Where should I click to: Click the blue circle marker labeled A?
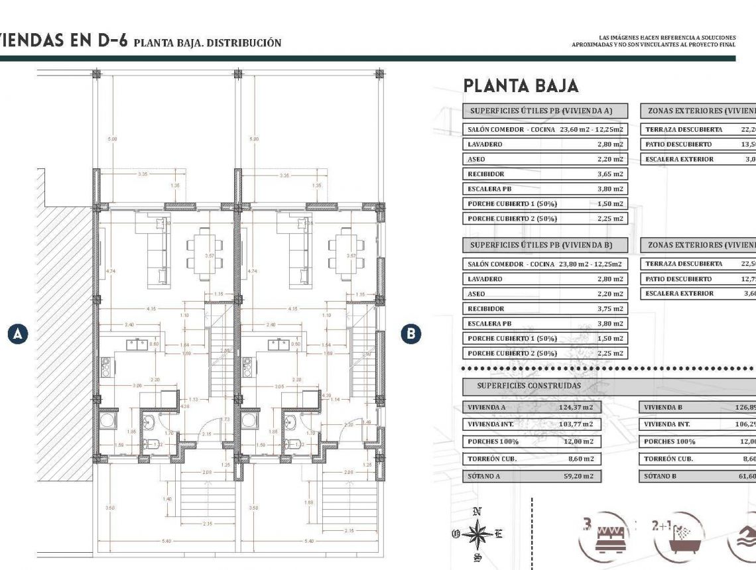click(x=19, y=333)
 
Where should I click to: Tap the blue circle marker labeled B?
click(x=412, y=333)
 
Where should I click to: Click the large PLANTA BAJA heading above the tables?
click(x=521, y=85)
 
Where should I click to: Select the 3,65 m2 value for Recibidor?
click(x=610, y=174)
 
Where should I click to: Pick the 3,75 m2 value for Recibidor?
click(x=610, y=309)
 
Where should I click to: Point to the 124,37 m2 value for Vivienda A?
click(x=575, y=408)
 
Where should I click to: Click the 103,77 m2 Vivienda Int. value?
click(x=575, y=424)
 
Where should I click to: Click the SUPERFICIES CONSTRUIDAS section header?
click(x=529, y=386)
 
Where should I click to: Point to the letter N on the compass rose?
click(x=476, y=511)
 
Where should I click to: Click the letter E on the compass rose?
click(x=499, y=533)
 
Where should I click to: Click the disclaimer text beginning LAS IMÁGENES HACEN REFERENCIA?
click(x=653, y=41)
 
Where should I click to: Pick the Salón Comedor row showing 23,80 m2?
click(x=544, y=264)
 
